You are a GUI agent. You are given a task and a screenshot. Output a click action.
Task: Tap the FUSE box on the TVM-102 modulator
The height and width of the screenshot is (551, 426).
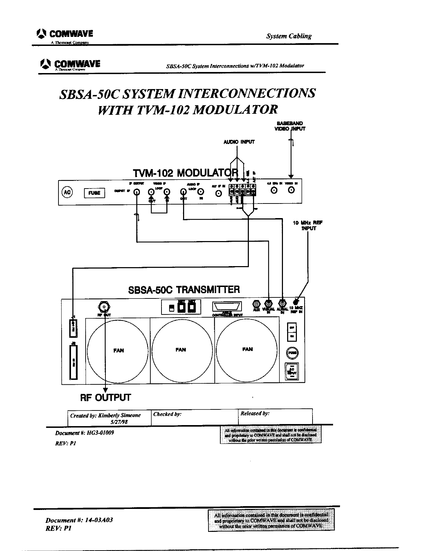click(x=94, y=193)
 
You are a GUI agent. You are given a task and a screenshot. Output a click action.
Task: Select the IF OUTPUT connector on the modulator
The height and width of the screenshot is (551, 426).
click(x=137, y=192)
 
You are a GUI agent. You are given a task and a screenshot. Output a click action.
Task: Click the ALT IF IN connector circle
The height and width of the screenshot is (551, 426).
click(x=219, y=194)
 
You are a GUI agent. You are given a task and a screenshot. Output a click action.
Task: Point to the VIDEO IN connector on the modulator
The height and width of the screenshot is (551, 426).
click(x=292, y=190)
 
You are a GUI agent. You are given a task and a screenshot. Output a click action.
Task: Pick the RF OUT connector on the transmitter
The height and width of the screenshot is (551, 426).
click(x=104, y=307)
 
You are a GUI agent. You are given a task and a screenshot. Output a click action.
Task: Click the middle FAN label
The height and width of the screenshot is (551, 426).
click(x=181, y=350)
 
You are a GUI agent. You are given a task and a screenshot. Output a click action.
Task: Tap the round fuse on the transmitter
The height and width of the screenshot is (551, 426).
click(x=291, y=353)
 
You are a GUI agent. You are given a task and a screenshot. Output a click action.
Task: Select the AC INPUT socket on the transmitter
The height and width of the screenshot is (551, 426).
click(x=291, y=371)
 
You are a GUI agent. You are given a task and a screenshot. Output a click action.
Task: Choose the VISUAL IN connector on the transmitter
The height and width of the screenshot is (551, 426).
click(x=268, y=303)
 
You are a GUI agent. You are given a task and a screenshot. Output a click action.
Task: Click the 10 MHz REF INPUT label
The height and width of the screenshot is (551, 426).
click(x=308, y=225)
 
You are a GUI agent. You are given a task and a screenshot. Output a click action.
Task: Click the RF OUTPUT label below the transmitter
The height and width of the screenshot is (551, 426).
click(x=105, y=397)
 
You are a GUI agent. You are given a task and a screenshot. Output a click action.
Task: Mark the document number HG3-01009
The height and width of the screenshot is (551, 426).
click(x=85, y=433)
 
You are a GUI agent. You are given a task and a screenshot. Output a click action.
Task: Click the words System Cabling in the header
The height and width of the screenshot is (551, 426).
click(x=289, y=36)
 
